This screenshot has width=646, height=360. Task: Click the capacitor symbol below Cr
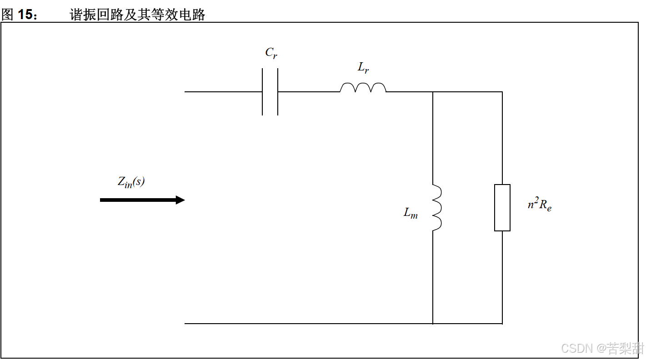coord(270,92)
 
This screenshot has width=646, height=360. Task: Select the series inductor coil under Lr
coord(363,88)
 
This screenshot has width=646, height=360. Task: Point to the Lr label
coord(363,69)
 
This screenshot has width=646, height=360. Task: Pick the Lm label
coord(411,213)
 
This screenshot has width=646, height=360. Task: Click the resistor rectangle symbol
coord(502,208)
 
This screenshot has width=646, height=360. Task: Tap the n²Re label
coord(540,205)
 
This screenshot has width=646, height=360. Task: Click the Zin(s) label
coord(131,182)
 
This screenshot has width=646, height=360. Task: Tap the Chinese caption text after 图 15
coord(137,15)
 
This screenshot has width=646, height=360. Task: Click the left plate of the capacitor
coord(263,92)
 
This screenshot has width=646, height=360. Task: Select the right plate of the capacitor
coord(277,92)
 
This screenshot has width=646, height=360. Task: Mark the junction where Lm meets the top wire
coord(433,92)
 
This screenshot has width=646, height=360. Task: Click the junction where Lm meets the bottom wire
coord(433,324)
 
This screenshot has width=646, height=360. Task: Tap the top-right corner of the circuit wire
coord(502,92)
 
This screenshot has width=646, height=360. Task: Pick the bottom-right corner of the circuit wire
coord(502,324)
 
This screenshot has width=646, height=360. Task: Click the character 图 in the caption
coord(7,15)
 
